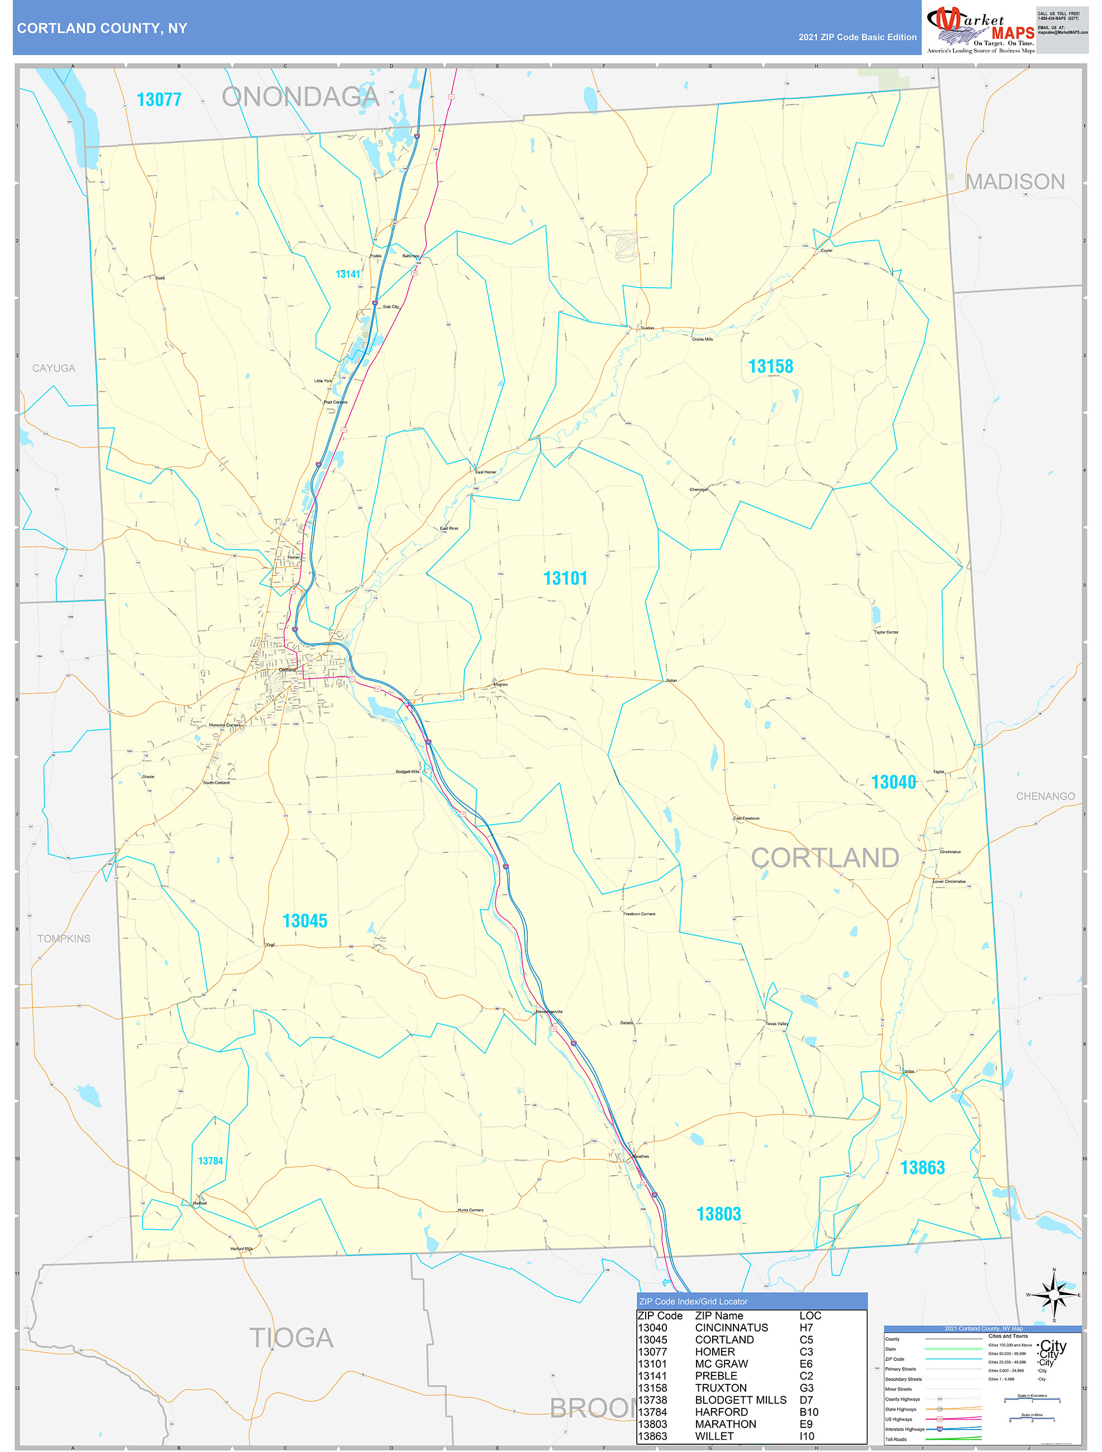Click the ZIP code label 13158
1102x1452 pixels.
771,366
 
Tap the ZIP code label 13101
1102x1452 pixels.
565,579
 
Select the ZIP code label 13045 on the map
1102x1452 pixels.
304,921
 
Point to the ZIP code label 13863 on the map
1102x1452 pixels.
922,1168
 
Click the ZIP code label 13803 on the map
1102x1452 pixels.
718,1215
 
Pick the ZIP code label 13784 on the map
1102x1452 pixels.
211,1161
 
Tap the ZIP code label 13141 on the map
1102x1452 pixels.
348,274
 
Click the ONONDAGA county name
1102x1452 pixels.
300,97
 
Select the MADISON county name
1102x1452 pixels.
1015,182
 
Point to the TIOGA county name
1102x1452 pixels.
292,1338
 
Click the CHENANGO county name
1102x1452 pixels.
1045,796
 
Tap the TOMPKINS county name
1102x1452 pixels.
64,939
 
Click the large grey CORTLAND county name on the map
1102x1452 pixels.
825,858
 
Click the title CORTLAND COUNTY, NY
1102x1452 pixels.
102,28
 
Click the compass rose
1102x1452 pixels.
1054,1295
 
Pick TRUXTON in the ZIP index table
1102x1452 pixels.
721,1388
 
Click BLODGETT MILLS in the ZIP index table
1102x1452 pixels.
741,1400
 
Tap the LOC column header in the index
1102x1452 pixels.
810,1316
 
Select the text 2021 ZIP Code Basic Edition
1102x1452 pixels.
857,37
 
